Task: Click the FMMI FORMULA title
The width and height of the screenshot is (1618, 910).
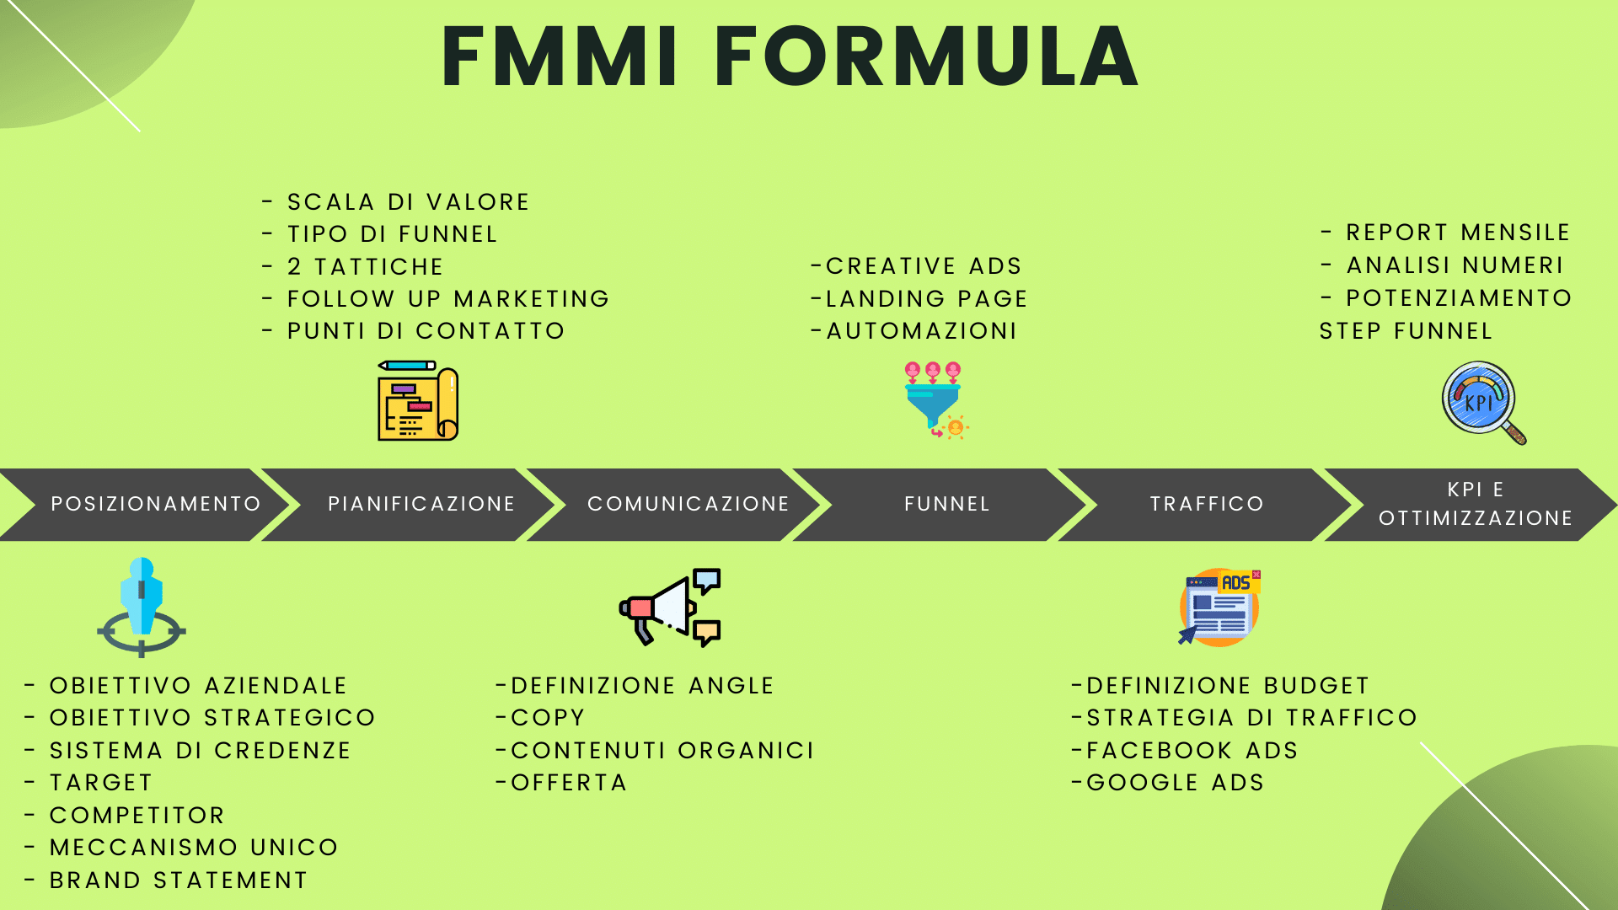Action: [x=790, y=57]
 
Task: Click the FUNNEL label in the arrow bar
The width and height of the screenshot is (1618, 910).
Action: [x=947, y=504]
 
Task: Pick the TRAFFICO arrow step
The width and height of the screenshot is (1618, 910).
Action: [x=1205, y=504]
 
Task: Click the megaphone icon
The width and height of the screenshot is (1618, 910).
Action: [x=670, y=607]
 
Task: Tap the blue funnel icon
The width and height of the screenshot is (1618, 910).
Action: [x=935, y=400]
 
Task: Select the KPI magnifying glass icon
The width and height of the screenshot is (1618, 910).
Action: [x=1484, y=402]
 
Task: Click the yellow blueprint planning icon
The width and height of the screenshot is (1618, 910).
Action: [x=418, y=400]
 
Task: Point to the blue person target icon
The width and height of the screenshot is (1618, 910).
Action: [x=142, y=607]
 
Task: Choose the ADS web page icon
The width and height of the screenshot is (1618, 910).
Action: [x=1219, y=608]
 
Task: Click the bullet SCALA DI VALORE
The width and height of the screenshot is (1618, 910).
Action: [x=396, y=202]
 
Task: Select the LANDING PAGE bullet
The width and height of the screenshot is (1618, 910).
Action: [x=919, y=299]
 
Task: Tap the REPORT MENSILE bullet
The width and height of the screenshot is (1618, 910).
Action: [x=1445, y=233]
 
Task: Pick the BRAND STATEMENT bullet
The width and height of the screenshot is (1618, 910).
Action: [x=166, y=881]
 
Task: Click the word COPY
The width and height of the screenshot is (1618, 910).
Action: [x=548, y=718]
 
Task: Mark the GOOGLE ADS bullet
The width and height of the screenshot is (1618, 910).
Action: [x=1168, y=783]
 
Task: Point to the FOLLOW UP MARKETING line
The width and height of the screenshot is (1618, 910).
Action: [x=436, y=299]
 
